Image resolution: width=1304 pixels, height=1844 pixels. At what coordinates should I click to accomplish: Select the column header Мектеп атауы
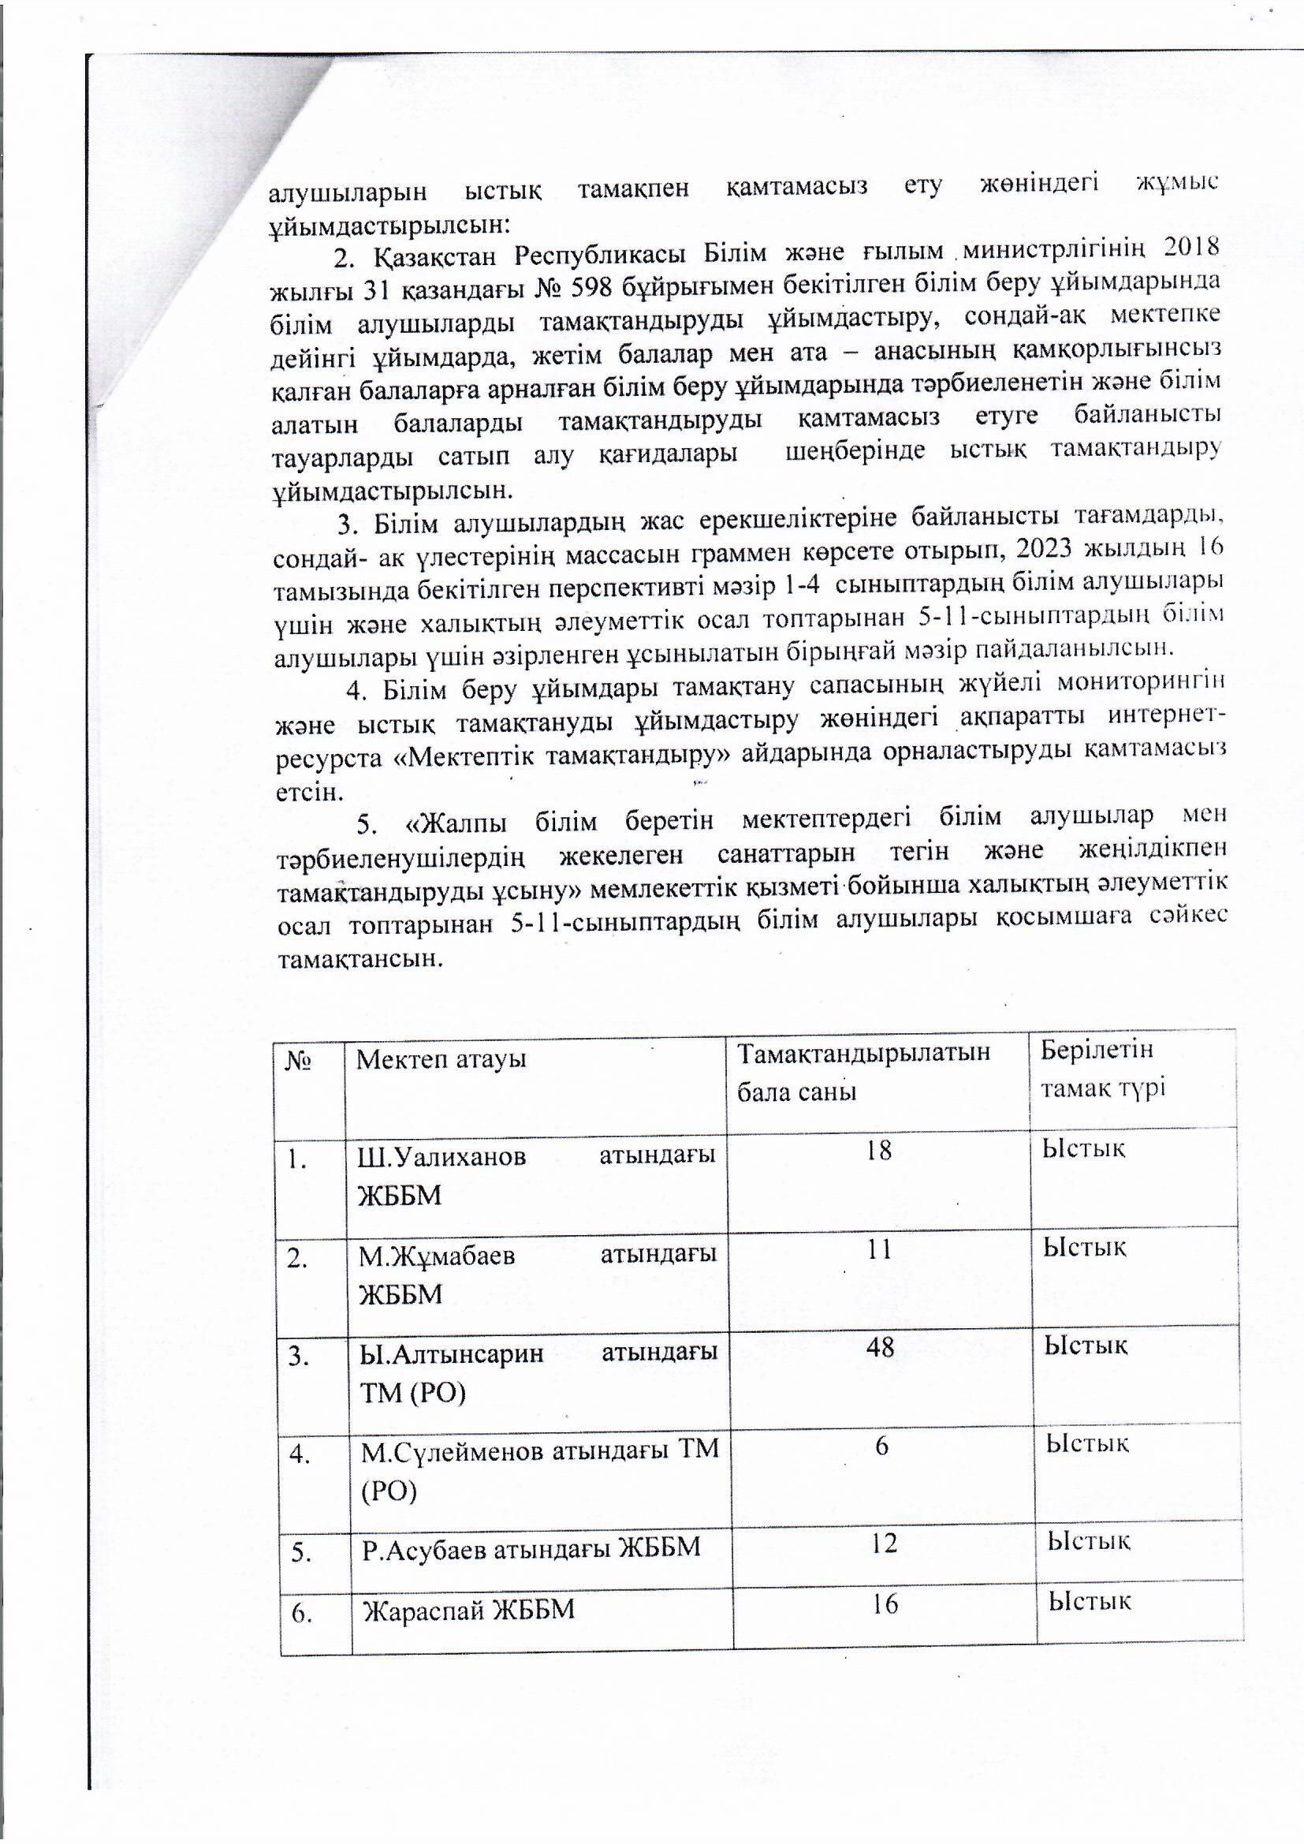[x=441, y=1059]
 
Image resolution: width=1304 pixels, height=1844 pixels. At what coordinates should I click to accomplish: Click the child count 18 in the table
[x=878, y=1150]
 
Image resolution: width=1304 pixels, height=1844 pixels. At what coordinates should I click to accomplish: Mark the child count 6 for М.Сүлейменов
[x=881, y=1446]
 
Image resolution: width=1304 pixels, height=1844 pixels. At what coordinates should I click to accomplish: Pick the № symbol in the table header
[x=298, y=1061]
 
